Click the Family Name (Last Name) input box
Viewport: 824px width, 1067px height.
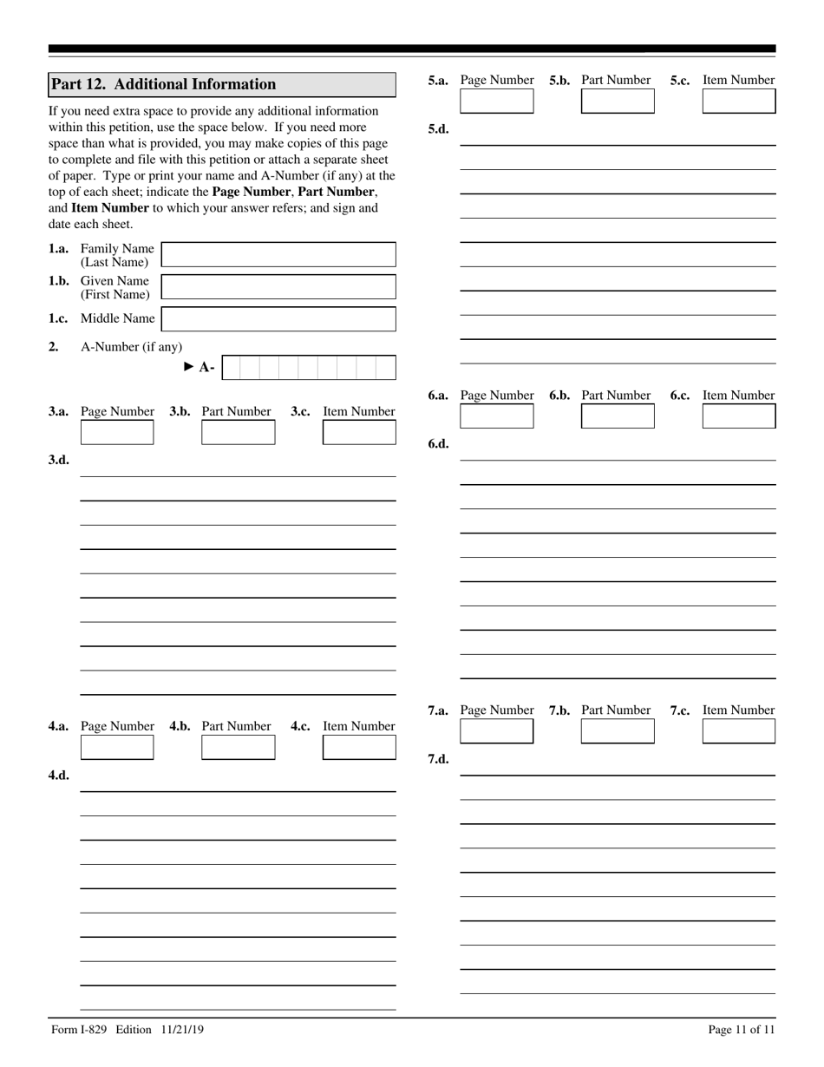point(278,255)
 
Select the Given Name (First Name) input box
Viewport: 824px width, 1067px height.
point(278,287)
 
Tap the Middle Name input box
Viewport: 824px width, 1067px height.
point(278,319)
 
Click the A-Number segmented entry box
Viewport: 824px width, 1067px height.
point(309,368)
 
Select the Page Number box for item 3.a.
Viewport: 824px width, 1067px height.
point(117,432)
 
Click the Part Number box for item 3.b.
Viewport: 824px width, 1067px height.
point(238,432)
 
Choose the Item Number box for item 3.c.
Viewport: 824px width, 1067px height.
point(359,432)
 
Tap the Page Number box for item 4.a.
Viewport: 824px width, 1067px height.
point(117,747)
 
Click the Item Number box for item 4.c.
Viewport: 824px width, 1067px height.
point(359,747)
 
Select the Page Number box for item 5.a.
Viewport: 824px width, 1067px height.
point(497,101)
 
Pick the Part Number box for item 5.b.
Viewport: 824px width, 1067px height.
point(618,101)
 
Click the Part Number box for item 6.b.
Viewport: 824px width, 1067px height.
point(618,416)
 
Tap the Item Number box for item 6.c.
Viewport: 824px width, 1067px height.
point(738,416)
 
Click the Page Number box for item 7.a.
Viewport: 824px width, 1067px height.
point(497,731)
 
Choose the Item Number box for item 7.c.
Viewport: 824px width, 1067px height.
point(738,731)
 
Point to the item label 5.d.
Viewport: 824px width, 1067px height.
point(438,129)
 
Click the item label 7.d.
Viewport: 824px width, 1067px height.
point(438,759)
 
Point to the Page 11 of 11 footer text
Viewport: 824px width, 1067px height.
point(741,1030)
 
